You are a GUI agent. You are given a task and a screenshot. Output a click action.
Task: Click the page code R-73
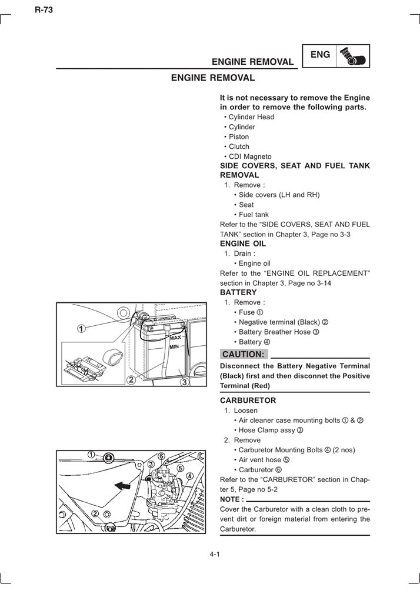[44, 9]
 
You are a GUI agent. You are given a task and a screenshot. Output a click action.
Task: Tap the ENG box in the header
[320, 55]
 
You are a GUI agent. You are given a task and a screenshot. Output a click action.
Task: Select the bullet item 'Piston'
[239, 137]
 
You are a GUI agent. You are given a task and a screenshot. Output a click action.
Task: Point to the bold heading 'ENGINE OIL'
[242, 243]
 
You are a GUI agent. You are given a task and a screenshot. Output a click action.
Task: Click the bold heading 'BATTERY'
[238, 292]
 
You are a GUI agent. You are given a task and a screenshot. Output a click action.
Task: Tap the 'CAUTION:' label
[244, 354]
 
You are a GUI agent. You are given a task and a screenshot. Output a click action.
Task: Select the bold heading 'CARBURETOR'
[248, 401]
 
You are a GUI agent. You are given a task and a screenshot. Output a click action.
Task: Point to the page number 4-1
[214, 555]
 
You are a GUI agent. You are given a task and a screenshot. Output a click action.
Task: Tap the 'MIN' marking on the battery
[174, 347]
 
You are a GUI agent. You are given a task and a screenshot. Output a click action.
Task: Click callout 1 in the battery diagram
[81, 328]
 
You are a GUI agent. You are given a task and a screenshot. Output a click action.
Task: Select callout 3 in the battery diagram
[184, 382]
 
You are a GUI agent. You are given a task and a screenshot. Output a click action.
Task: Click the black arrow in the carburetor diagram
[122, 485]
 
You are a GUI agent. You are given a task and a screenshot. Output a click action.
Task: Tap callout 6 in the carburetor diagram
[161, 455]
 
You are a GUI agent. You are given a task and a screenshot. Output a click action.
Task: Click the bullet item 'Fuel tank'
[254, 215]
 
